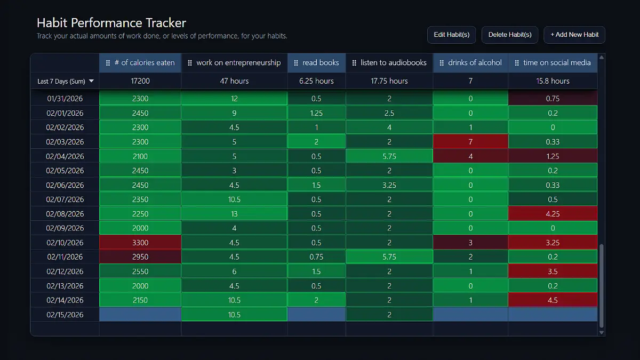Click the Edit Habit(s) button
click(451, 35)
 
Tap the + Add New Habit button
click(574, 35)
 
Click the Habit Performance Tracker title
click(111, 23)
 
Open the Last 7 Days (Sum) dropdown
click(65, 81)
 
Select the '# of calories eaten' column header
click(140, 63)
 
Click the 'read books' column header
click(316, 63)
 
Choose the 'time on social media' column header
click(553, 63)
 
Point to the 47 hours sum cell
click(234, 81)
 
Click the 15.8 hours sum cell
click(553, 81)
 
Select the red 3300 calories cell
click(140, 243)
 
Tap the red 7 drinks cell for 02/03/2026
click(470, 142)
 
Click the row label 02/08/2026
click(65, 214)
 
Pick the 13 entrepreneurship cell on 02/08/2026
click(234, 214)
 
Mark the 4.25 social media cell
click(553, 214)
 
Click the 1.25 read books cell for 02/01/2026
click(316, 113)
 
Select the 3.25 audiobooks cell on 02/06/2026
click(389, 185)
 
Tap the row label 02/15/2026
click(65, 315)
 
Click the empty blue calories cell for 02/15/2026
click(140, 315)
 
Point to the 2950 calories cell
click(140, 257)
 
